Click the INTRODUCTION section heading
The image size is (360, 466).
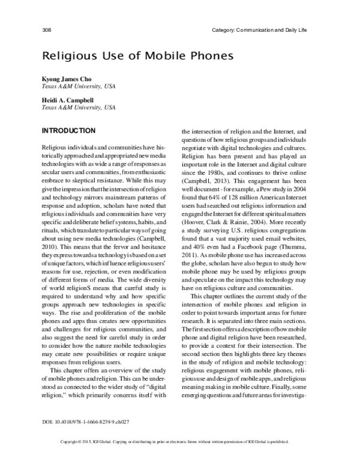67,130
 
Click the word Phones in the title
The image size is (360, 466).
198,56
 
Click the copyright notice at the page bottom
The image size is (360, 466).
180,458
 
